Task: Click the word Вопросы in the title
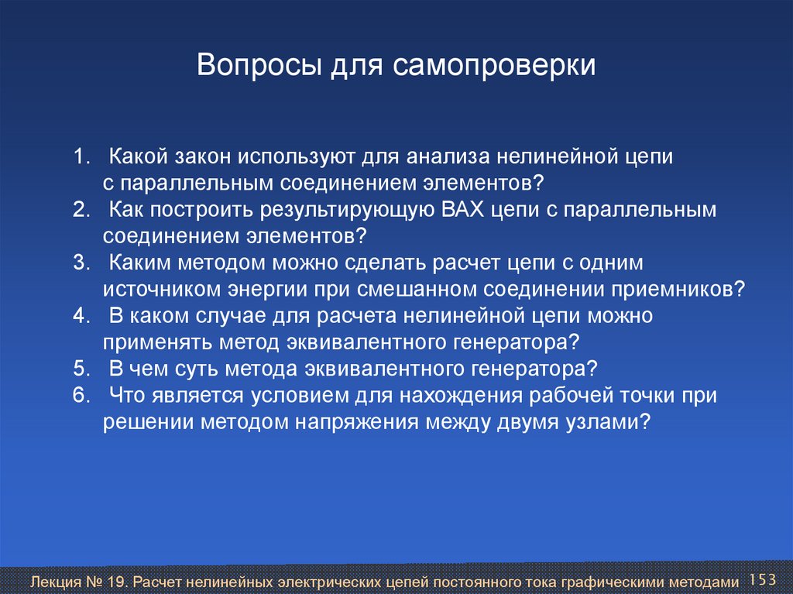(259, 65)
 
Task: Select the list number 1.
(81, 156)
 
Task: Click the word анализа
(448, 157)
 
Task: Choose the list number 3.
(81, 263)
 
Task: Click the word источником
(162, 289)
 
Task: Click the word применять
(158, 343)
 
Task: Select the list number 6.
(81, 395)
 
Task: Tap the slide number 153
(762, 579)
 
